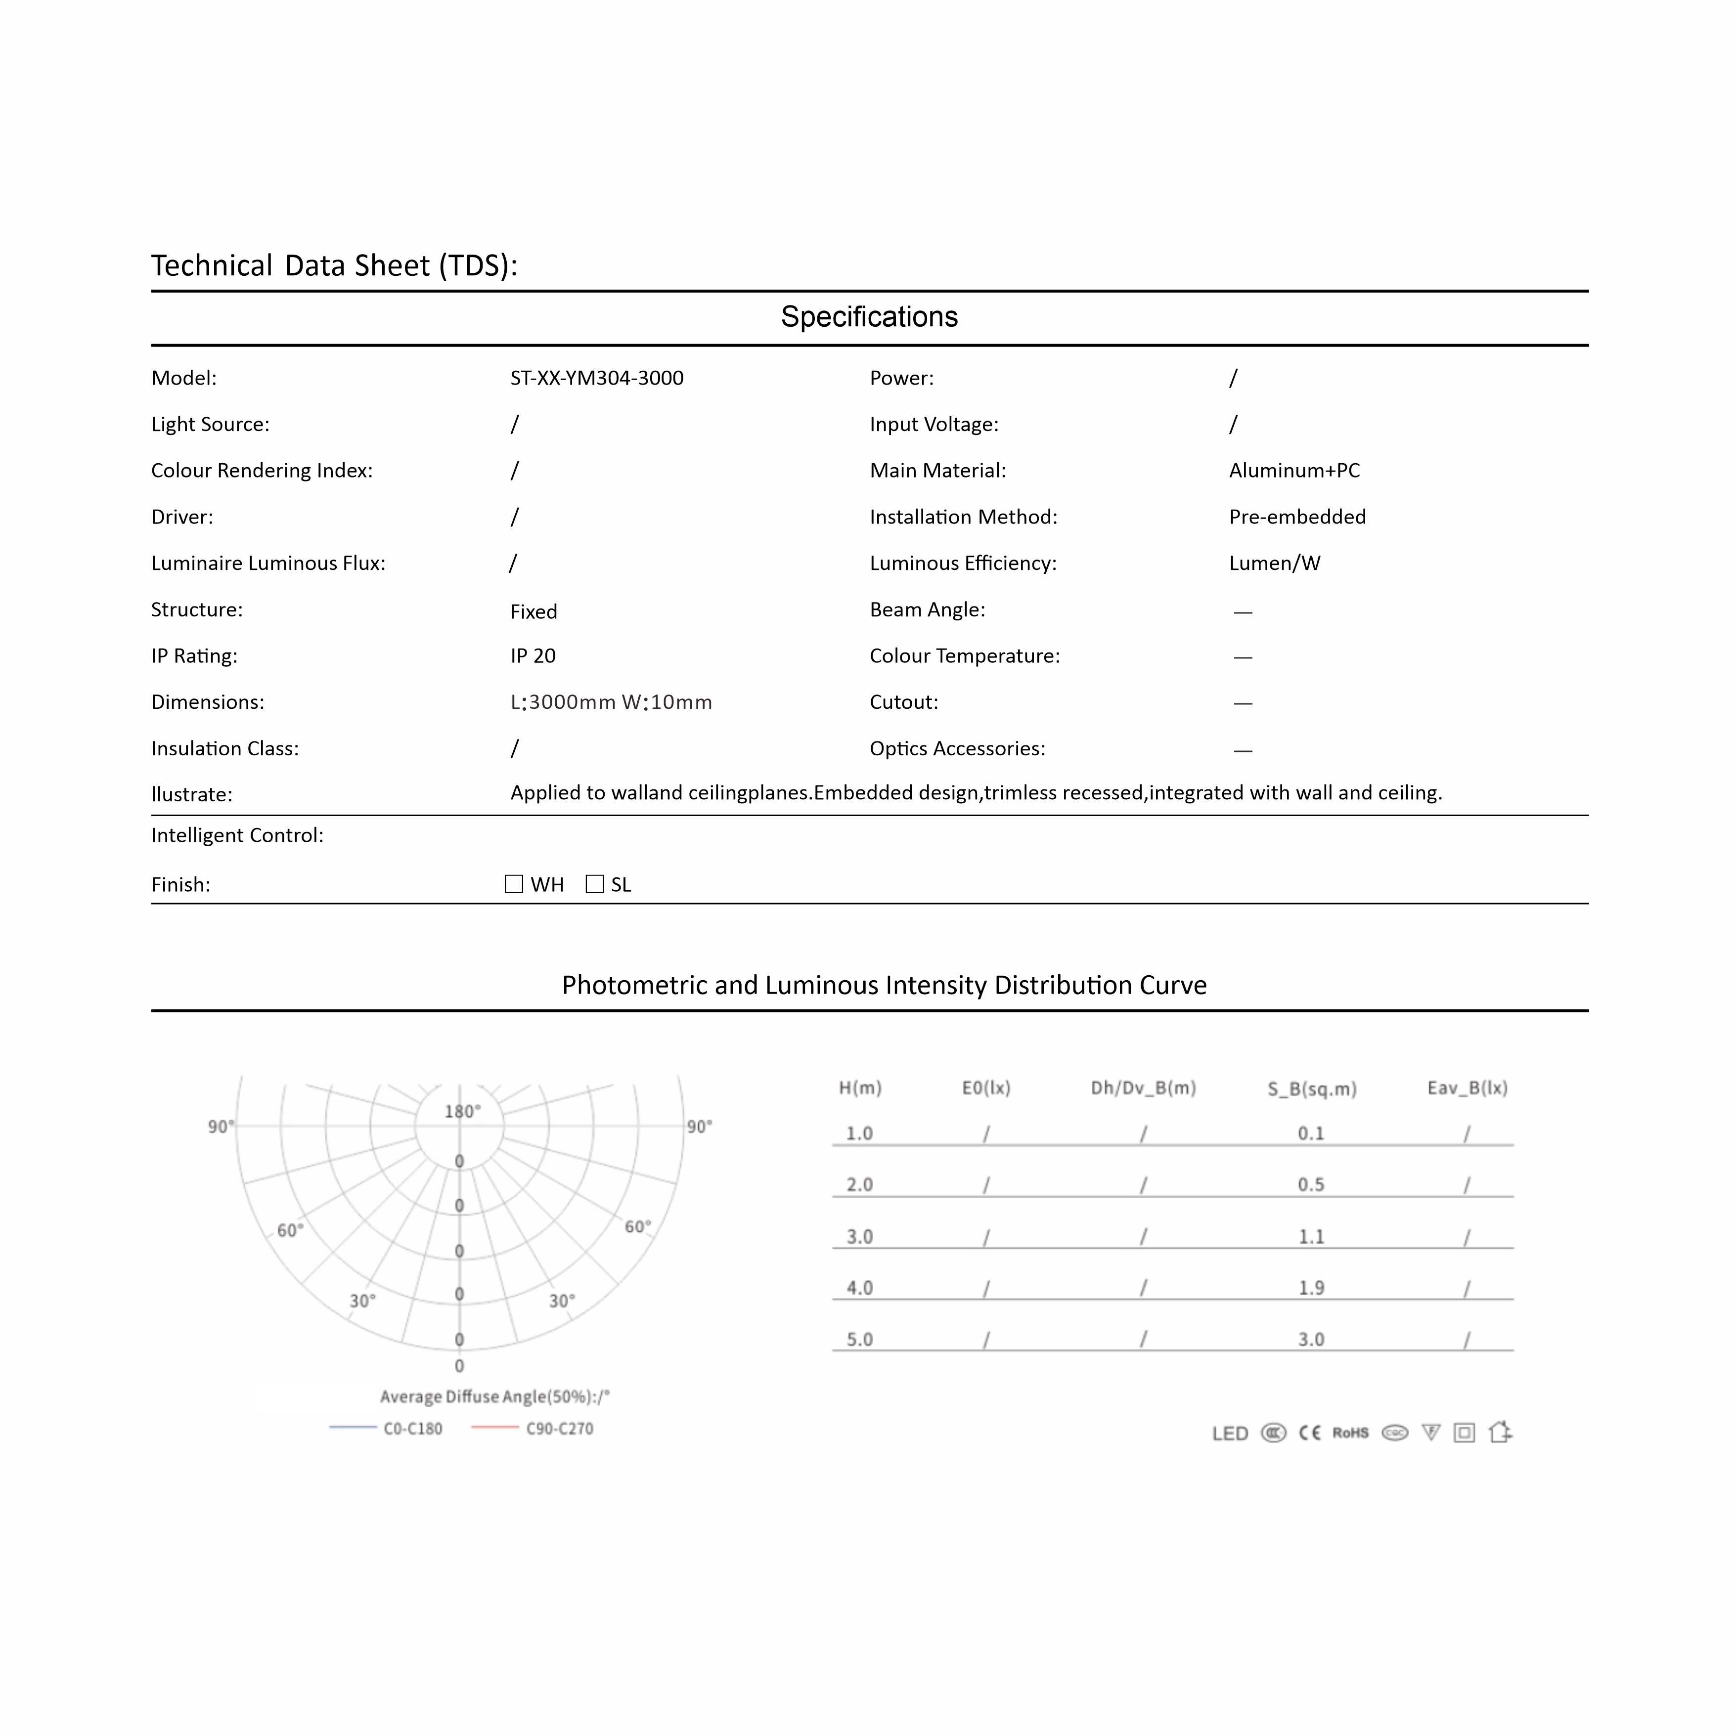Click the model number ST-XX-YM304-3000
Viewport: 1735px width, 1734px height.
click(596, 378)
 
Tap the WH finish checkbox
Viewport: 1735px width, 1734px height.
click(514, 884)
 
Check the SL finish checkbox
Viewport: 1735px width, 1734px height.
click(594, 884)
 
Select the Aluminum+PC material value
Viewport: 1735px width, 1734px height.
click(1294, 471)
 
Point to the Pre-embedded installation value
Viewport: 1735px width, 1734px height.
click(1297, 517)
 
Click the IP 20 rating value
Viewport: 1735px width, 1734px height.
click(533, 656)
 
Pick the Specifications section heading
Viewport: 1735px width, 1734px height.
click(868, 317)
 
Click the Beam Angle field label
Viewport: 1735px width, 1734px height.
click(927, 610)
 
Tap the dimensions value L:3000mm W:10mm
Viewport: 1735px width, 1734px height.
click(611, 702)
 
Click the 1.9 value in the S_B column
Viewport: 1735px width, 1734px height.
click(1311, 1288)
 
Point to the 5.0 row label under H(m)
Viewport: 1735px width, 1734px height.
click(859, 1339)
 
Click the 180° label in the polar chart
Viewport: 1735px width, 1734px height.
click(462, 1112)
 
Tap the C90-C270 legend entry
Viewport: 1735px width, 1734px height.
click(559, 1428)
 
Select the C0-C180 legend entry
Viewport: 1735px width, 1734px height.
click(412, 1428)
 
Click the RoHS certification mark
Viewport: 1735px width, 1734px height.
click(1350, 1432)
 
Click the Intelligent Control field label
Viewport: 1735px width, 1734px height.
click(237, 836)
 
